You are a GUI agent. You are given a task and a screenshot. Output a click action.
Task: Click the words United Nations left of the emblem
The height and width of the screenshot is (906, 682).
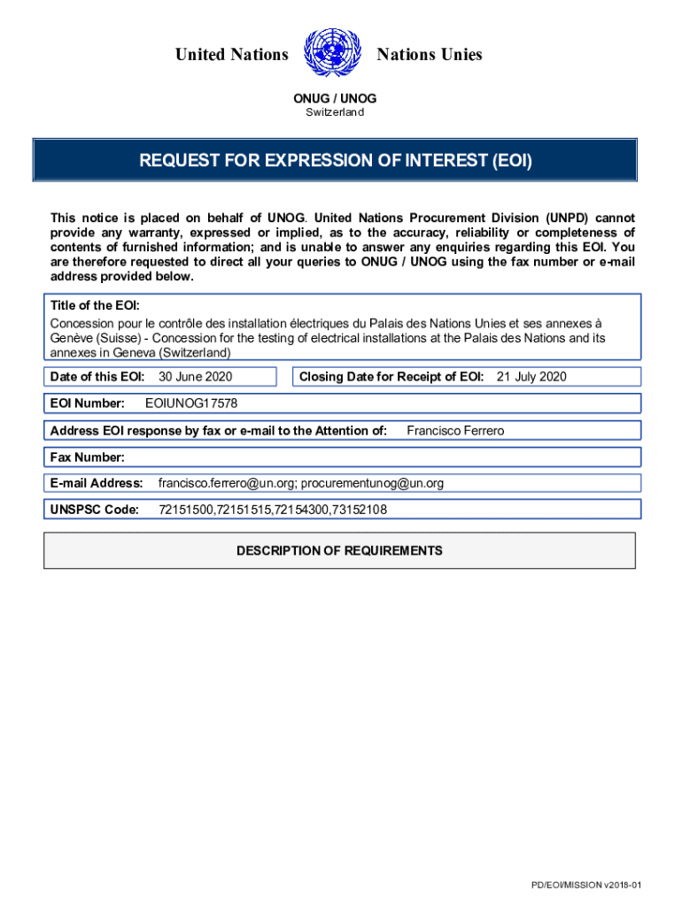[x=232, y=55]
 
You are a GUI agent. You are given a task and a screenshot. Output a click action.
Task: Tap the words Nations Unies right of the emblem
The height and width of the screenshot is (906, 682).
[x=430, y=55]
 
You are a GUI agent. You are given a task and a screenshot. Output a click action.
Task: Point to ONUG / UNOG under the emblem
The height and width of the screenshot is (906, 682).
[x=335, y=98]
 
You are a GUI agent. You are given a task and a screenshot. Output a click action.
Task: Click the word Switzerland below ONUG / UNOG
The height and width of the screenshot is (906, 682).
[x=329, y=112]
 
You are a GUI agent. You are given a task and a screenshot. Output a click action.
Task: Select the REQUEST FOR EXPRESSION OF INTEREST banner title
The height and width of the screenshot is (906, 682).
[x=335, y=161]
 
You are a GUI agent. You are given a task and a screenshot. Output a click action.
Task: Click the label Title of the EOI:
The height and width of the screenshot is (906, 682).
[x=95, y=305]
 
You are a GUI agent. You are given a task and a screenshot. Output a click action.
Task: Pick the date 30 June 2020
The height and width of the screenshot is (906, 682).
[x=195, y=377]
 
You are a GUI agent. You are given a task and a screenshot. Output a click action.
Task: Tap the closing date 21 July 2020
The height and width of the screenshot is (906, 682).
[x=531, y=377]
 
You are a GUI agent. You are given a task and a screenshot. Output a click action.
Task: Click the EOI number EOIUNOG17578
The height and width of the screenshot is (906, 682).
[x=191, y=403]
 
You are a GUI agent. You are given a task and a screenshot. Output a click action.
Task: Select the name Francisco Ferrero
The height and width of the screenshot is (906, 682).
[x=455, y=431]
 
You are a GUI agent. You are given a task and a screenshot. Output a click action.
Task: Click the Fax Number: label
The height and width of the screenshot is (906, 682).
[x=88, y=457]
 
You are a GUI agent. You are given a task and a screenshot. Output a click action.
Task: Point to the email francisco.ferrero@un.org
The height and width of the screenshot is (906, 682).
[x=227, y=483]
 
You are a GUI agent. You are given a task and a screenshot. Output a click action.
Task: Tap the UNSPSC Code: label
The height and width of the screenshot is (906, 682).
[x=95, y=510]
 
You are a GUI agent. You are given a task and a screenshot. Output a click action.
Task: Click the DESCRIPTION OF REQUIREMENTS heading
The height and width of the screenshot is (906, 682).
[x=339, y=550]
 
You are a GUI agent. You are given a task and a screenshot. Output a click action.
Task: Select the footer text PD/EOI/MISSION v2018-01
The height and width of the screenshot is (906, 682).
[x=585, y=886]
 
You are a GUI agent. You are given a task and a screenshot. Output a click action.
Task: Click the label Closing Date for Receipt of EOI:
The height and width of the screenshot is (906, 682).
[x=391, y=377]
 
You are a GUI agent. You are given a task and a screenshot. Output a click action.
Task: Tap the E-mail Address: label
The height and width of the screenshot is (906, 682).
[x=97, y=483]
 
